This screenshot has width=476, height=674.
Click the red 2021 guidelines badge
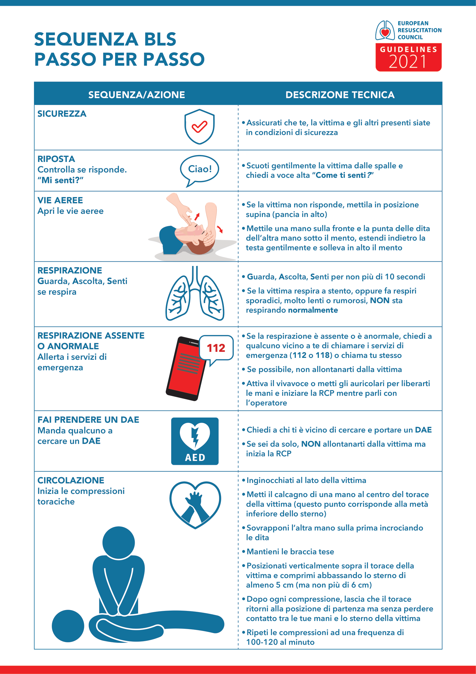coord(408,57)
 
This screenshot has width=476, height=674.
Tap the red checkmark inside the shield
coord(200,127)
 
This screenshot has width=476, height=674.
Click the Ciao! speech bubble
coord(200,169)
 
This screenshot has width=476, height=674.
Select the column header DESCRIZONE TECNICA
coord(340,95)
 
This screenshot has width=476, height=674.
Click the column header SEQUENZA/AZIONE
coord(137,95)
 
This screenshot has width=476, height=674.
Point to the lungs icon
coord(195,294)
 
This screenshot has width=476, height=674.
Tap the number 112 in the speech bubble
coord(216,348)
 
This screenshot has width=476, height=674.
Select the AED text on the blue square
coord(195,457)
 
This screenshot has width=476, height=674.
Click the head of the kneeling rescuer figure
coord(119,543)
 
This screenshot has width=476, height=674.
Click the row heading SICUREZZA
coord(62,114)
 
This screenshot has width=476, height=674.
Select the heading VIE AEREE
coord(60,200)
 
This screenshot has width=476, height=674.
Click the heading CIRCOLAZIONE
coord(71,480)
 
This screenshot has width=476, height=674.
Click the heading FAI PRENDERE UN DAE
coord(88,420)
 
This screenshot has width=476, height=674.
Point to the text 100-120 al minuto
coord(280,642)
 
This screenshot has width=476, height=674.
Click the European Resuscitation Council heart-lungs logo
coord(385,30)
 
